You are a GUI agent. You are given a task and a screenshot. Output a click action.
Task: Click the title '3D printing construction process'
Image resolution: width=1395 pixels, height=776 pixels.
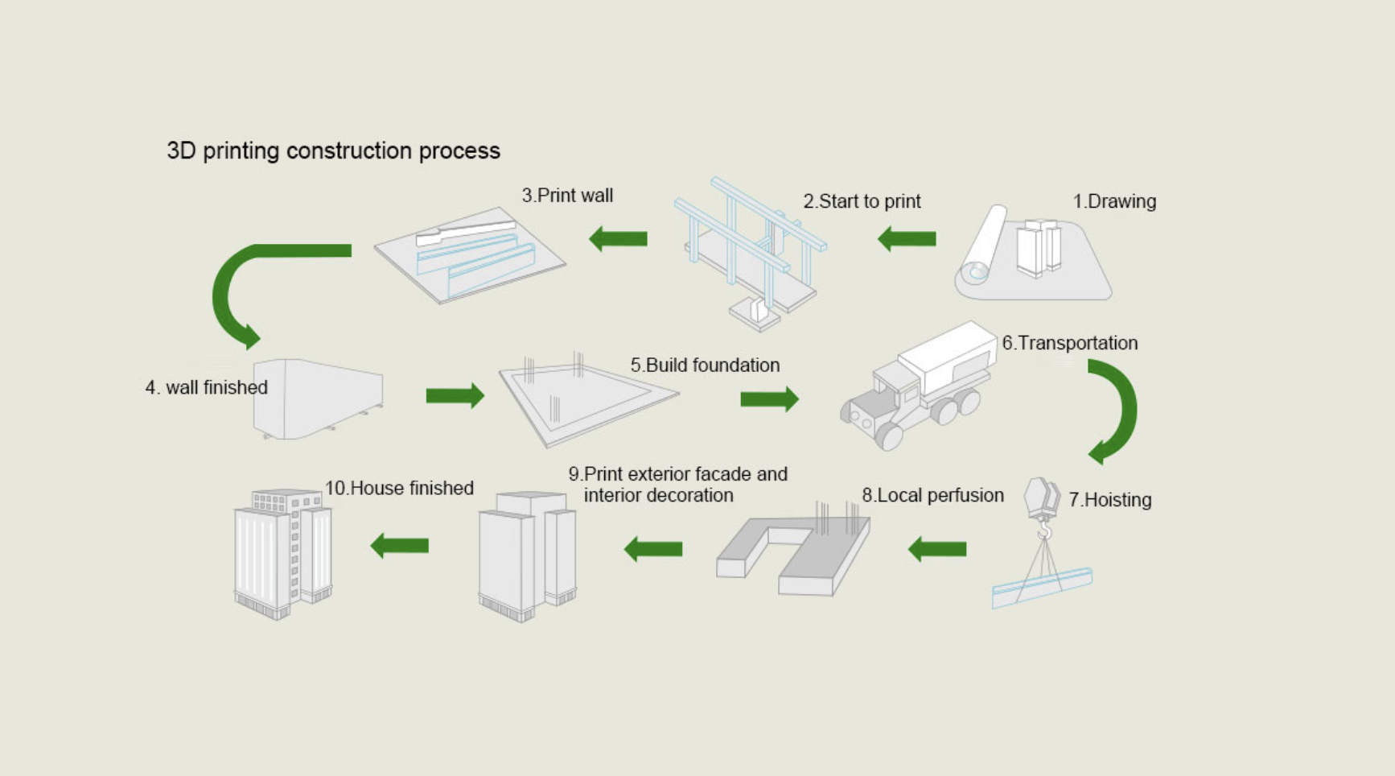(333, 151)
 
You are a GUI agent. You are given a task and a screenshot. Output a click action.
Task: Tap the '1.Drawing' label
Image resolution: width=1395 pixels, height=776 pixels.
(1114, 201)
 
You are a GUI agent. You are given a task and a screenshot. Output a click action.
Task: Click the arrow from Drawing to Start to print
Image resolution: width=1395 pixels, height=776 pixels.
(907, 238)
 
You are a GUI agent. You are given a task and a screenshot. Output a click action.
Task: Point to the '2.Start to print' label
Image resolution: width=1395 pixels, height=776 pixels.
(862, 201)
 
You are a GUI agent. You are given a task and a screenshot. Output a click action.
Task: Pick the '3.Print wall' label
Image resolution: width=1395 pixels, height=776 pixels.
(567, 196)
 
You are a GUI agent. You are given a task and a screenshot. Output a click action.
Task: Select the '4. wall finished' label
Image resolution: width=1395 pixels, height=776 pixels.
(207, 388)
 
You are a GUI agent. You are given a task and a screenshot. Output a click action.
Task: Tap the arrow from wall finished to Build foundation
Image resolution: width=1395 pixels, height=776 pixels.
(455, 395)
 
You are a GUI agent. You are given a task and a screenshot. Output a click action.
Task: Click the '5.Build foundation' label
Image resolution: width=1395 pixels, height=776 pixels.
(705, 365)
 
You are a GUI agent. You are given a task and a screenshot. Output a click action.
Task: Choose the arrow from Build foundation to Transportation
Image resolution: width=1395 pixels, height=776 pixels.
(769, 399)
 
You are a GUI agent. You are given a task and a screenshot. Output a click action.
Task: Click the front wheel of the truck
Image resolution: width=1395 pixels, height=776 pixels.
(889, 435)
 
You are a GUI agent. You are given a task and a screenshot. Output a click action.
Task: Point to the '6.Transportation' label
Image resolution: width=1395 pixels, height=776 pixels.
(1069, 343)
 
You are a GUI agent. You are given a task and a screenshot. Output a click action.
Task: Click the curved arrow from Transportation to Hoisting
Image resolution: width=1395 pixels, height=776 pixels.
(1115, 411)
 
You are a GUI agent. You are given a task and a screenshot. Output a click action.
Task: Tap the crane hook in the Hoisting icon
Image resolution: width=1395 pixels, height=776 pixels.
(1044, 531)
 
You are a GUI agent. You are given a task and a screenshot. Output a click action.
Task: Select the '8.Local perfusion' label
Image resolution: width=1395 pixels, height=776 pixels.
(932, 495)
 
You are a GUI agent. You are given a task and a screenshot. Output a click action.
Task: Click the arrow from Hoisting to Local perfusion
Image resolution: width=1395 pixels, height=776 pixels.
(937, 549)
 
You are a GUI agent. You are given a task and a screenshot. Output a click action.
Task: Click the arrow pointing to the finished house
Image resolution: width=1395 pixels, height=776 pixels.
(400, 546)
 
